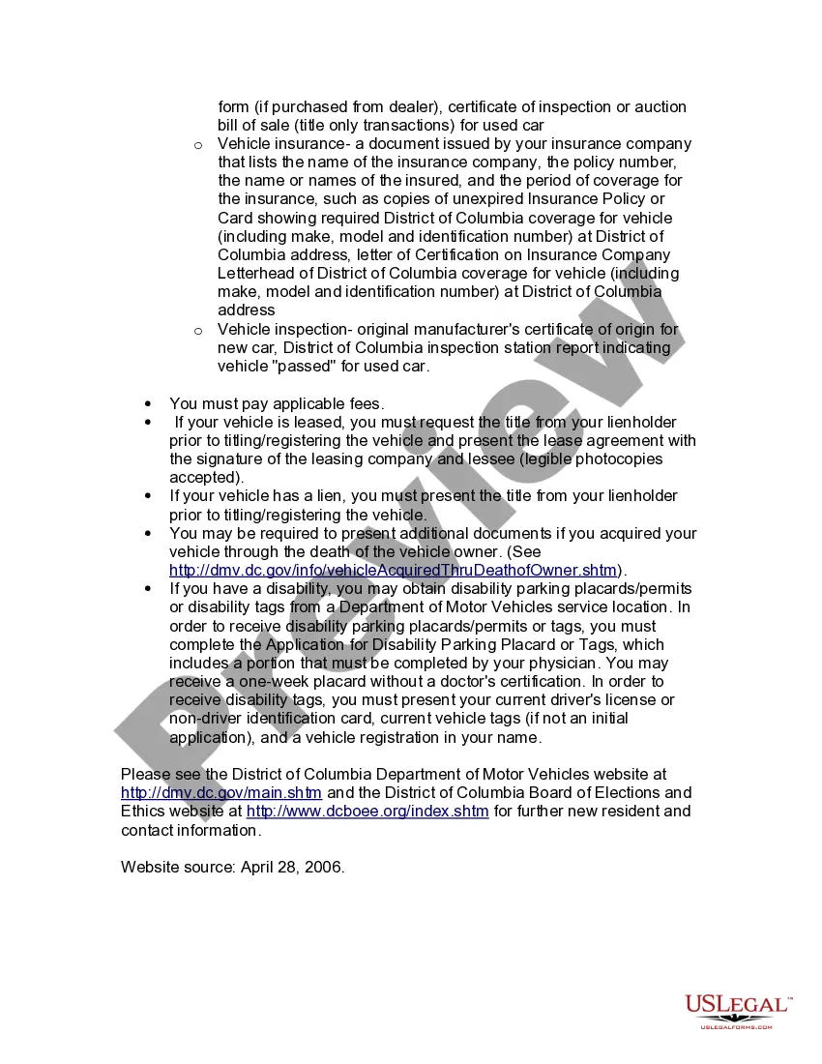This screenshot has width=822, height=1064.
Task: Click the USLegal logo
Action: click(738, 1010)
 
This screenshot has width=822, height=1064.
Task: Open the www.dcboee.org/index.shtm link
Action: click(367, 812)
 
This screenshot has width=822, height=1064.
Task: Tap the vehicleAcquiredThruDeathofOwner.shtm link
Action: click(394, 571)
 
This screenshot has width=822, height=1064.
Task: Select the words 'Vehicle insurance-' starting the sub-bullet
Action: click(279, 144)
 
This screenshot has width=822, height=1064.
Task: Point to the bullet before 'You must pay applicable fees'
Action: click(148, 404)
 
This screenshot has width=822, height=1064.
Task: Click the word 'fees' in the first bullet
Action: click(365, 404)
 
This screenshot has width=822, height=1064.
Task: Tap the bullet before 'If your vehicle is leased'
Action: click(148, 423)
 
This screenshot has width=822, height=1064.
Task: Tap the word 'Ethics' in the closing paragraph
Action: click(144, 812)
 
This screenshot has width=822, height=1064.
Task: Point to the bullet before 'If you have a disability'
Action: click(148, 589)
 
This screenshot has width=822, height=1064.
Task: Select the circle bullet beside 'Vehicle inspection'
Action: click(197, 331)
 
